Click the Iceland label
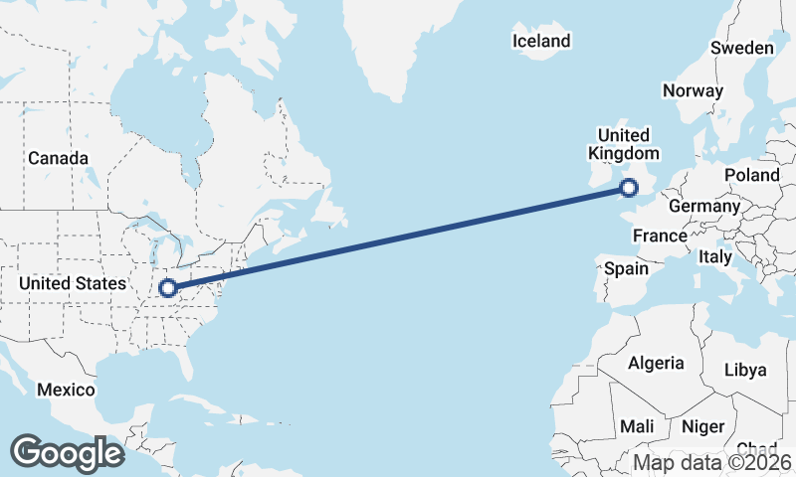[541, 41]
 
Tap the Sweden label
[741, 49]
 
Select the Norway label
[693, 90]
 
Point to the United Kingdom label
[624, 144]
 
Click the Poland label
[752, 175]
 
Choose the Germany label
[704, 206]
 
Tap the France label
[660, 236]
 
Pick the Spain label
[626, 268]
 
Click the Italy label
[714, 256]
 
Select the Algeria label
[656, 363]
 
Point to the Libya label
[745, 370]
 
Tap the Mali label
[636, 426]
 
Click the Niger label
[702, 426]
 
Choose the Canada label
[58, 158]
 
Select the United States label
[73, 283]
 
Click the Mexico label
[66, 390]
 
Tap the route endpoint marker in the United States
[168, 289]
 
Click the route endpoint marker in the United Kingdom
[629, 187]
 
